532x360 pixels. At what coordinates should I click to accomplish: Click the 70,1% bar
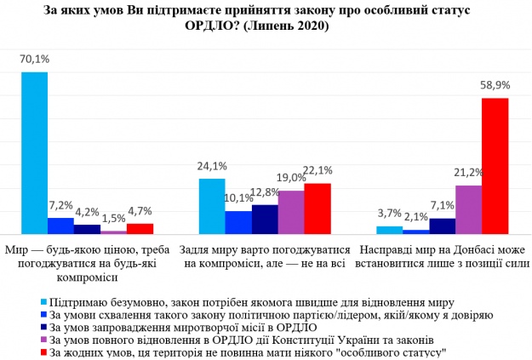[34, 153]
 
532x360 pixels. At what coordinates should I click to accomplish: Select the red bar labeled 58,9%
[495, 166]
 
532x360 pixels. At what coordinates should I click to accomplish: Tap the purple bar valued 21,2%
[468, 209]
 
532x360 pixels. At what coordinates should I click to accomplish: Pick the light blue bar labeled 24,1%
[211, 206]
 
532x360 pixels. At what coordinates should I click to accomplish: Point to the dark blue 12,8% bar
[265, 219]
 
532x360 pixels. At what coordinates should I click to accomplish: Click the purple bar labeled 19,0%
[291, 212]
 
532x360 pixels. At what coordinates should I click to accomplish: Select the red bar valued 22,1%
[317, 209]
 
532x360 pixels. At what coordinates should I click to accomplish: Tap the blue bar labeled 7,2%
[60, 226]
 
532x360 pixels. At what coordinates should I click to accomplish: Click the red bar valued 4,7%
[140, 228]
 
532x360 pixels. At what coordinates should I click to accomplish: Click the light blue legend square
[44, 302]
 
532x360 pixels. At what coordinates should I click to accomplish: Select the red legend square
[44, 350]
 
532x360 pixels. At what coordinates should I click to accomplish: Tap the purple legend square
[44, 338]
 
